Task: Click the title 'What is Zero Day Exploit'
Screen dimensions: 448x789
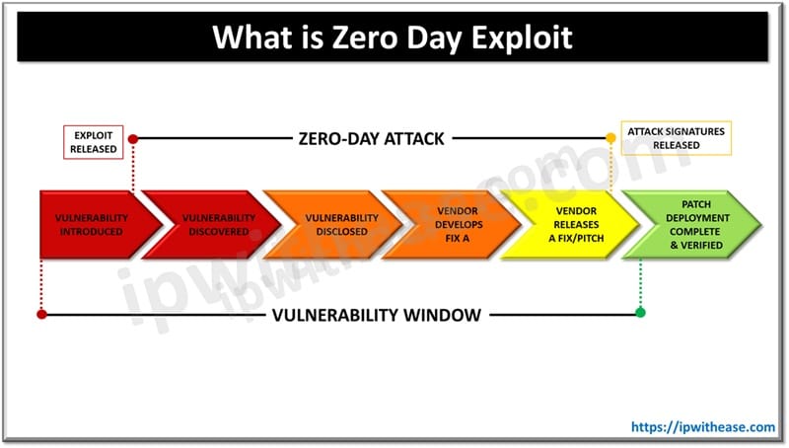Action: click(x=394, y=38)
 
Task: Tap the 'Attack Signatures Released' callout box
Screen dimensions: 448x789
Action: click(x=677, y=137)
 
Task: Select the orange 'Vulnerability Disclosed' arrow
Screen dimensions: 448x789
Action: click(x=329, y=224)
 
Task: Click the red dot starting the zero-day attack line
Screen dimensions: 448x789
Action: click(x=133, y=139)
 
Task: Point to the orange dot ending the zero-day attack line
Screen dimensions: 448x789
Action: click(x=611, y=139)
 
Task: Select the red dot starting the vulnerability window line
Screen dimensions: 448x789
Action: click(x=41, y=315)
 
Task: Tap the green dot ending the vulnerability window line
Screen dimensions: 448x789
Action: click(x=640, y=314)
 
